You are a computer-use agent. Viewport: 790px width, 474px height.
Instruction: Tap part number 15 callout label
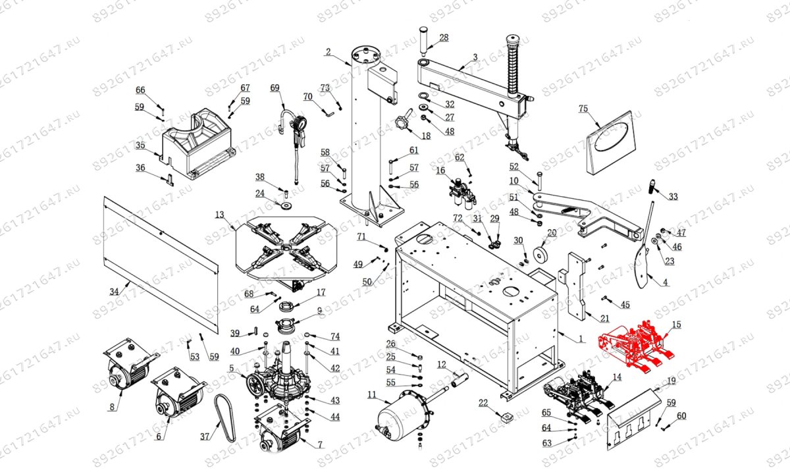click(x=676, y=325)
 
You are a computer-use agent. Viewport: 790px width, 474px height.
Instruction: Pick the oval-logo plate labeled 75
click(x=610, y=143)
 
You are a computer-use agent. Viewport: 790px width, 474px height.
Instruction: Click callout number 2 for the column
click(x=328, y=52)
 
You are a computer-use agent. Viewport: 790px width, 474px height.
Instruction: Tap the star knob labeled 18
click(x=402, y=123)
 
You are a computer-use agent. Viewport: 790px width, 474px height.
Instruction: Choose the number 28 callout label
click(x=444, y=38)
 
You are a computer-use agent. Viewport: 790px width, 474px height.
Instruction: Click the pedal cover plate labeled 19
click(x=633, y=420)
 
